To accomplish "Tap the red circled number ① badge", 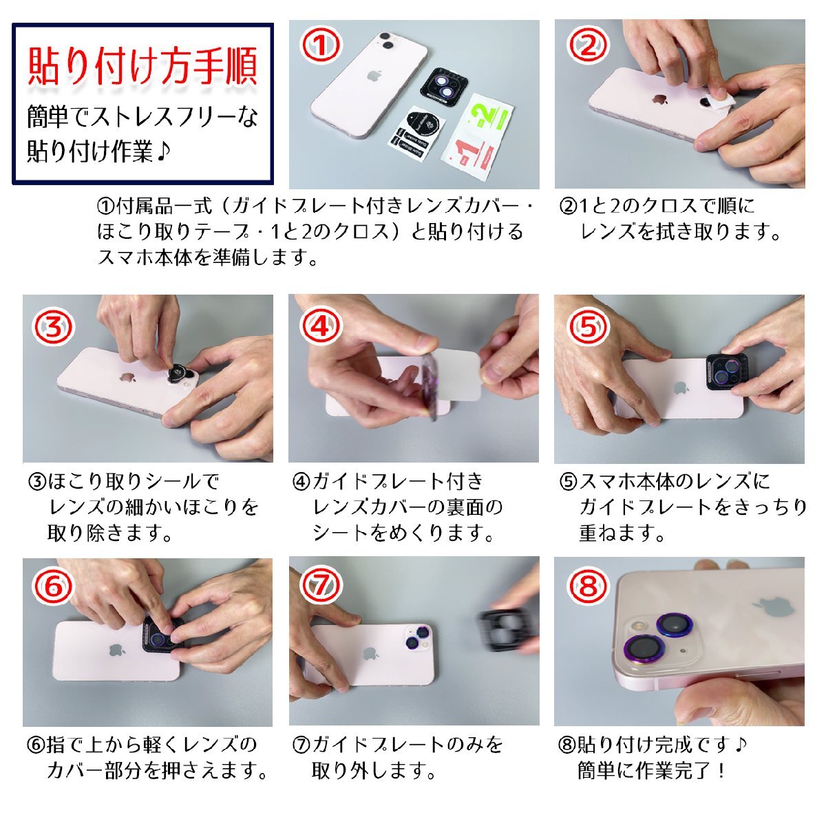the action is (321, 45).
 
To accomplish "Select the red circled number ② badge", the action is (588, 45).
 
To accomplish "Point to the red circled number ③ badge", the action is (54, 327).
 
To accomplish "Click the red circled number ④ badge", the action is (321, 327).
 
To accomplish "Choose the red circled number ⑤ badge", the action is (588, 327).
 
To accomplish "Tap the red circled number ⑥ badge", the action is (54, 586).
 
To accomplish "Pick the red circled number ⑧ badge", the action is (588, 586).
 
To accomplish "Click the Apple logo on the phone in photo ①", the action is (373, 76).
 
